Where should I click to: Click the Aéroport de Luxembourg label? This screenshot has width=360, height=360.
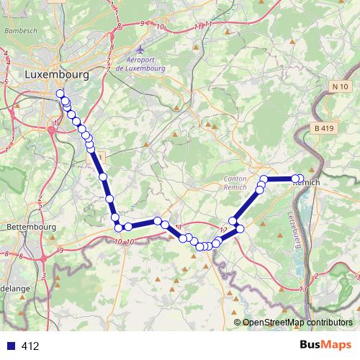click(135, 63)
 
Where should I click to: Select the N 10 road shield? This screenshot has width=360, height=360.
click(341, 86)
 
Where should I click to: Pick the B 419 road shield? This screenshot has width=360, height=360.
click(325, 128)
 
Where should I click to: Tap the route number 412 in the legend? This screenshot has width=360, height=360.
click(30, 346)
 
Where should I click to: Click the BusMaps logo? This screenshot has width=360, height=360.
click(327, 345)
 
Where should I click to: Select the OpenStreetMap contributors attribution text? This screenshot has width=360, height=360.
click(299, 322)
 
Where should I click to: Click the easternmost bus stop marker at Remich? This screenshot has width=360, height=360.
click(300, 179)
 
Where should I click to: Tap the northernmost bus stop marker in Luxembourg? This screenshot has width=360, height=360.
click(60, 94)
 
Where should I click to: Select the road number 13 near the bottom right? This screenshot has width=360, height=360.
click(305, 289)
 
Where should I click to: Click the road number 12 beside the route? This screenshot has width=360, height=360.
click(223, 230)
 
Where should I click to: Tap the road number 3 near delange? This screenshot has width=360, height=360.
click(45, 275)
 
